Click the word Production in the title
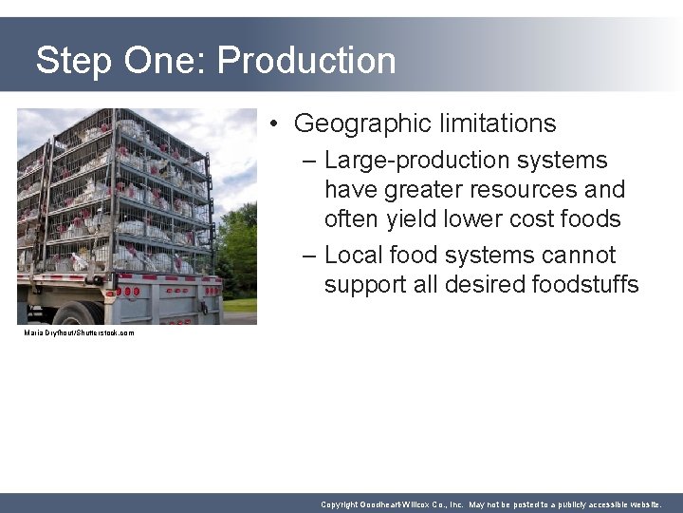pyautogui.click(x=306, y=61)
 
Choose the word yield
pyautogui.click(x=412, y=219)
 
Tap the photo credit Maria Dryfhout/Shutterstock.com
pyautogui.click(x=80, y=333)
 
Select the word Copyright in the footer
pyautogui.click(x=341, y=504)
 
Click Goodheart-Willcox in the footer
pyautogui.click(x=403, y=504)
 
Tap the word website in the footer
pyautogui.click(x=641, y=504)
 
